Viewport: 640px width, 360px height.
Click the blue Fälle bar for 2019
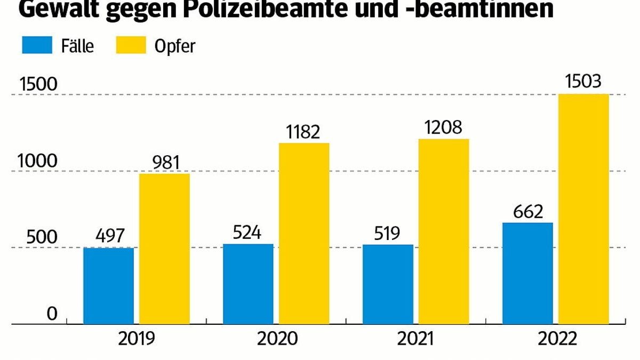109,285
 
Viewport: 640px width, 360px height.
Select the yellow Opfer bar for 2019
164,249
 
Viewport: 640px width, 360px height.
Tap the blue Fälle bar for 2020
248,284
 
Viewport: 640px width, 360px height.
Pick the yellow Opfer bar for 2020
303,233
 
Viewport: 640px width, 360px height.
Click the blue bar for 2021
388,284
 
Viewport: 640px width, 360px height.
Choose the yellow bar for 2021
443,231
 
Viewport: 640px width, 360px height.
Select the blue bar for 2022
527,273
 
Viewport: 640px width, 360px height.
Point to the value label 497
109,235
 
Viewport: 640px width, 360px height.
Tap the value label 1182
302,131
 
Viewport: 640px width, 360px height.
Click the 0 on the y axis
51,314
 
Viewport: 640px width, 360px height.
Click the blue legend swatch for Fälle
37,45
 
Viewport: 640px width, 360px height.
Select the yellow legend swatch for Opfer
130,45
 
